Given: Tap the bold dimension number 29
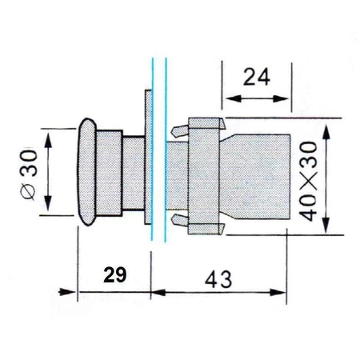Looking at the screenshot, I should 114,276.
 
